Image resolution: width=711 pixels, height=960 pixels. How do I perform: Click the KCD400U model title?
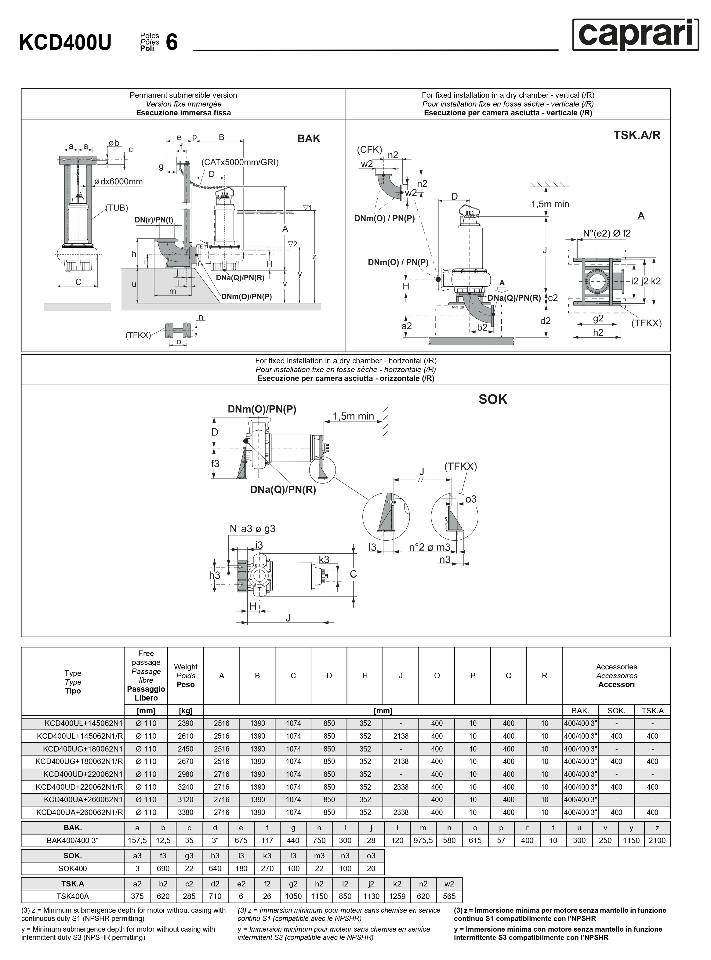(65, 42)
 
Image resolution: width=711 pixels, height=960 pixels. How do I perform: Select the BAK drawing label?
(309, 139)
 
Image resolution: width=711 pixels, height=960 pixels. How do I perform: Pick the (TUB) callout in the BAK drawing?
(117, 208)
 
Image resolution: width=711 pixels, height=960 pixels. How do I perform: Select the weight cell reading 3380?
(186, 812)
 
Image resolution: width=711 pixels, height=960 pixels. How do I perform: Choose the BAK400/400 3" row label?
(72, 840)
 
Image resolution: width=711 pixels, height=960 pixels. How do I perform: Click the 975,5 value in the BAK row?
(423, 840)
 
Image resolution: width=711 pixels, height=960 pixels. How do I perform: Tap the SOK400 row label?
(72, 868)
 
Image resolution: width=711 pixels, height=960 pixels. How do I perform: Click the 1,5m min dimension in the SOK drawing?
(353, 416)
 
